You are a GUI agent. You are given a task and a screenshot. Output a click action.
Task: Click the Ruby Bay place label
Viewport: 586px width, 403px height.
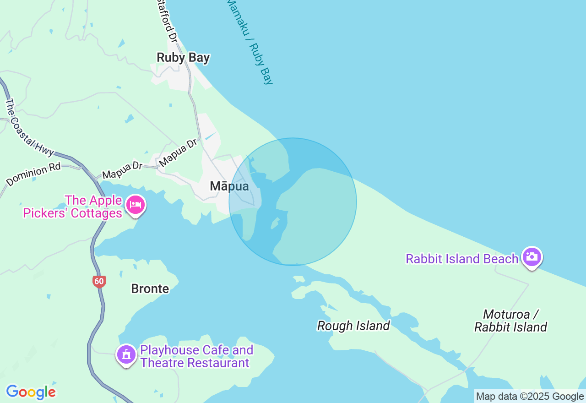pos(183,58)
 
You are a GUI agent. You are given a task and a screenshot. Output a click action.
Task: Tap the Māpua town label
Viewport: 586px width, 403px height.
pos(229,186)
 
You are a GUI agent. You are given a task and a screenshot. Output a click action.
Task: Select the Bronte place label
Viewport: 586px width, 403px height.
pos(150,289)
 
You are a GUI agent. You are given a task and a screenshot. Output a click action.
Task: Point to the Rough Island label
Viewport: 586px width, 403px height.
pos(353,326)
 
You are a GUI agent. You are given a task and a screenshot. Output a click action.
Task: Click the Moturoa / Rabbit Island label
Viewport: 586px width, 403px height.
pos(510,321)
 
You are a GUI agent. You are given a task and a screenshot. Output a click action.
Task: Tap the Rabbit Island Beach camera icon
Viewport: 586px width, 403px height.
pos(532,257)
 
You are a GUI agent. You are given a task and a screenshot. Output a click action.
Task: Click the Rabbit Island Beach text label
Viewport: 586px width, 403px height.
pos(461,259)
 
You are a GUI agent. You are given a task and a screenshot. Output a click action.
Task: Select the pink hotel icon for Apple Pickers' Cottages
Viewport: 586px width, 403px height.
pos(135,205)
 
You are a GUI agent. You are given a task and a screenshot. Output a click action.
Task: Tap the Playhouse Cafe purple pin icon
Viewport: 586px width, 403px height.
pos(126,354)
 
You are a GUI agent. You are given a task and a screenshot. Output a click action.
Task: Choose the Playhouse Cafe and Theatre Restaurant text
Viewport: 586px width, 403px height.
pos(196,356)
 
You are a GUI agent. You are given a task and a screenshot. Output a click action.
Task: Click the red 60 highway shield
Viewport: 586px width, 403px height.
pos(99,281)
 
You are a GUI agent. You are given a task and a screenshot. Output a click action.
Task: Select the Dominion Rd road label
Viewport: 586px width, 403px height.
pos(33,174)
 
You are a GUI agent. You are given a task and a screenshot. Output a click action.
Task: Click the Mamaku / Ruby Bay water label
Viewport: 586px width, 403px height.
pos(250,41)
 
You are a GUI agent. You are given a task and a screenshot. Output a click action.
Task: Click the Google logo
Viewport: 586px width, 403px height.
pos(31,392)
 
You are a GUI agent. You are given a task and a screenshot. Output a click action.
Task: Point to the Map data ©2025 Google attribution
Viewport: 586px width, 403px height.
pos(530,397)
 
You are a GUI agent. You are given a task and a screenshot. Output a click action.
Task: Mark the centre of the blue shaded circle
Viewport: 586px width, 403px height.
pos(293,201)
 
